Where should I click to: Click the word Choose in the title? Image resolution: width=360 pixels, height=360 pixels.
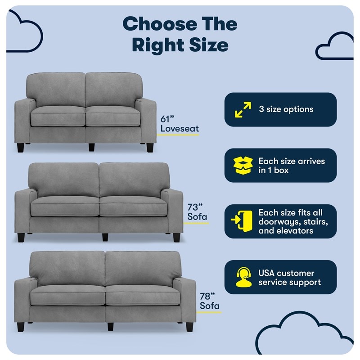click(x=160, y=24)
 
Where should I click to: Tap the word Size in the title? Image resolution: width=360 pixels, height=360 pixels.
click(x=209, y=45)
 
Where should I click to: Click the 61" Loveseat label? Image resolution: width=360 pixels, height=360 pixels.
click(x=179, y=124)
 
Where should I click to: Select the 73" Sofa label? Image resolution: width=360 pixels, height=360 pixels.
click(x=197, y=212)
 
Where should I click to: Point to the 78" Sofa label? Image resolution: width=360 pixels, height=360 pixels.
click(x=209, y=301)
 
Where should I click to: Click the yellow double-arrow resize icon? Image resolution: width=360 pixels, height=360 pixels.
click(x=243, y=109)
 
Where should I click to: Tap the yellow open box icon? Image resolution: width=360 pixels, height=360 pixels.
click(x=243, y=165)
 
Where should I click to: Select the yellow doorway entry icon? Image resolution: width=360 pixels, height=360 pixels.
click(x=242, y=221)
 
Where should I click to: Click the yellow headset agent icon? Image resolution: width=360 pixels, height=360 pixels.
click(x=243, y=277)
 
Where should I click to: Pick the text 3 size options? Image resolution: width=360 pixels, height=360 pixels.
click(x=286, y=109)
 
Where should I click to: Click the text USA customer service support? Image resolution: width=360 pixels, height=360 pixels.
click(x=289, y=278)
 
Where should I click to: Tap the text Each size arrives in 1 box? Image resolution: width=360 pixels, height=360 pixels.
click(x=292, y=166)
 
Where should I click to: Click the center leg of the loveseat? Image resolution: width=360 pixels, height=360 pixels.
click(x=91, y=147)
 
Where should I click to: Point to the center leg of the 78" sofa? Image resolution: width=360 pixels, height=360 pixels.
click(x=110, y=326)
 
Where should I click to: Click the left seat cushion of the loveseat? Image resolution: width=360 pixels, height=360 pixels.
click(x=58, y=116)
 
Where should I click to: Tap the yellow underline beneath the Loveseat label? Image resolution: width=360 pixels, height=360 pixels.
click(x=178, y=135)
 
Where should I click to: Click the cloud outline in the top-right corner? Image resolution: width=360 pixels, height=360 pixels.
click(x=334, y=46)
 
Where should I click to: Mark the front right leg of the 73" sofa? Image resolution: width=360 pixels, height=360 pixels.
click(x=176, y=238)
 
